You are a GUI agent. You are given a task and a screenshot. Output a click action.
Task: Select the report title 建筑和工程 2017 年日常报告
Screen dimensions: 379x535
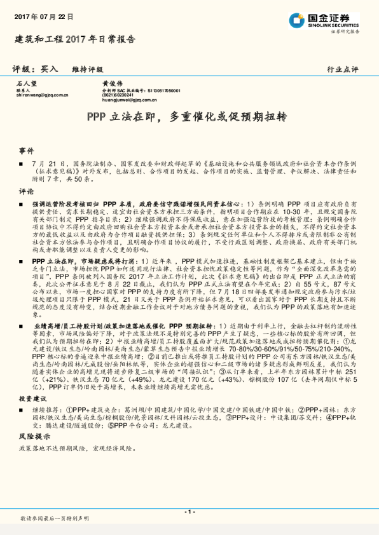coord(74,39)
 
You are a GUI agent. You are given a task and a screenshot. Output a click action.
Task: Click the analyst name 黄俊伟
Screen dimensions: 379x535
coord(112,83)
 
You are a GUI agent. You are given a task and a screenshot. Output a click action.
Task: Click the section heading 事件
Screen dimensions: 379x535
coord(26,151)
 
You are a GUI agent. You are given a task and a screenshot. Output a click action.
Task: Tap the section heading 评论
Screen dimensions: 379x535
coord(26,191)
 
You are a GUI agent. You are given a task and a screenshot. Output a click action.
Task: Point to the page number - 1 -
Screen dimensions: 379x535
coord(189,511)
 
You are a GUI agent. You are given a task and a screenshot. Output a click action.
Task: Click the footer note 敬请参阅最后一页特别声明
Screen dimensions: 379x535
coord(55,519)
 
